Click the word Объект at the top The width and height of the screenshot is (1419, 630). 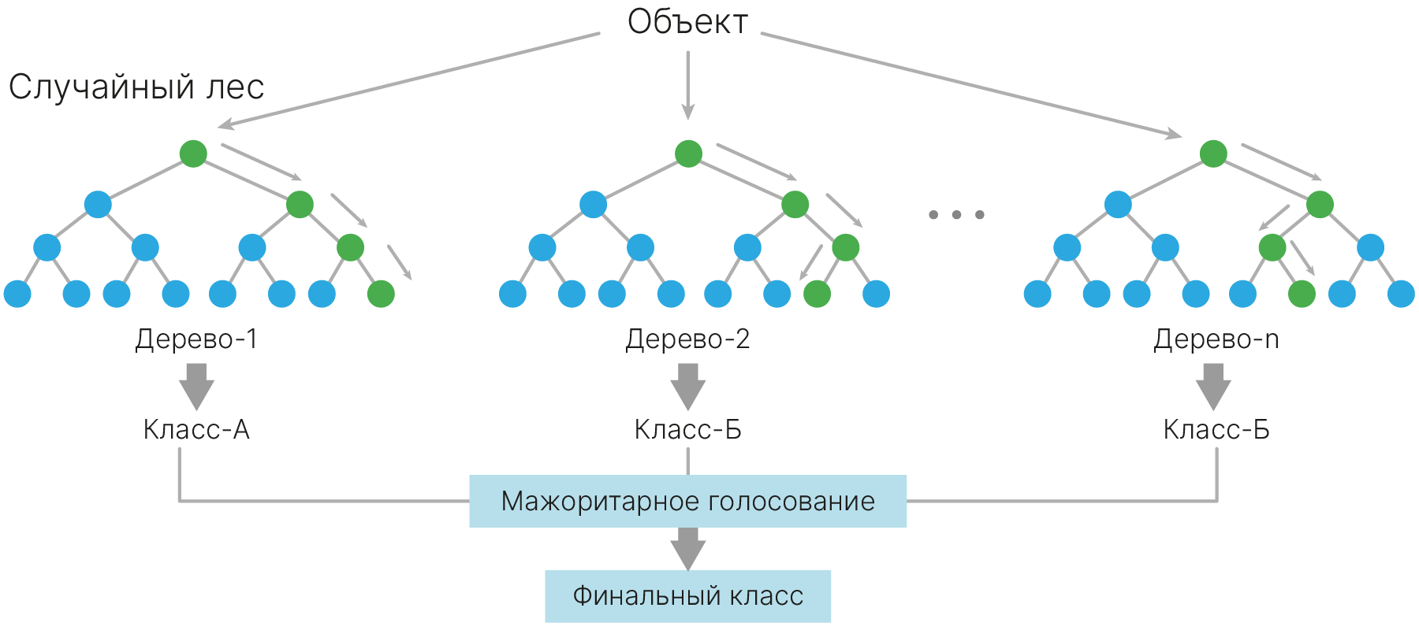(x=687, y=22)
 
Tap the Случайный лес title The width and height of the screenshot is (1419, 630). (x=136, y=87)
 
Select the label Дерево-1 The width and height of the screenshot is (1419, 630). (x=196, y=339)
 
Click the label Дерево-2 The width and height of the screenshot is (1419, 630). (x=687, y=339)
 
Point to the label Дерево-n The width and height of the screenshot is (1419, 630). (x=1216, y=339)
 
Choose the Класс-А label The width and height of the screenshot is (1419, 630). (x=196, y=430)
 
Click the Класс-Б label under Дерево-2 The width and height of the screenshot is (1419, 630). (x=687, y=430)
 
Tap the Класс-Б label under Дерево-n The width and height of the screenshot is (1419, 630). (x=1216, y=430)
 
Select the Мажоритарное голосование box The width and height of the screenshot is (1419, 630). (x=687, y=501)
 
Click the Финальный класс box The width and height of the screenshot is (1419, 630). (x=687, y=596)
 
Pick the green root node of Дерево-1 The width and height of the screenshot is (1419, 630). (x=193, y=154)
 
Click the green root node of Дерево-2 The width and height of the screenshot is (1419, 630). (x=688, y=154)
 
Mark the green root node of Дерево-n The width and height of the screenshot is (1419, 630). (x=1213, y=154)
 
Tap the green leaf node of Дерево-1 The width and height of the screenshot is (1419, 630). (x=381, y=294)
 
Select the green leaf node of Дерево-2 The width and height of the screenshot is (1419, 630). (x=817, y=294)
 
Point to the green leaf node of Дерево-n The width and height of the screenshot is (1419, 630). (x=1302, y=294)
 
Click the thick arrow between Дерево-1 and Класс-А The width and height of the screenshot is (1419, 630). (x=196, y=385)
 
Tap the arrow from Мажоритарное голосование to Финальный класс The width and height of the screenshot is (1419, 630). (x=687, y=548)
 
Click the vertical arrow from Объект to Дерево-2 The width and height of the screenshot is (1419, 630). (x=687, y=85)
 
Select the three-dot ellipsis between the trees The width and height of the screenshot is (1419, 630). (x=956, y=214)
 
